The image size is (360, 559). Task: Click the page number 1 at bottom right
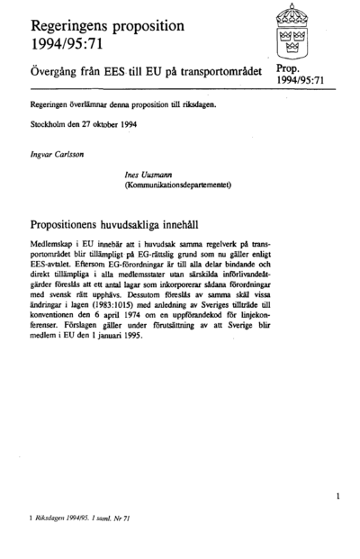point(337,496)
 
